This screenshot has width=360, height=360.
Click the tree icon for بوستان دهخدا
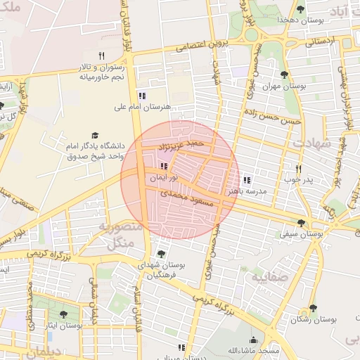click(x=300, y=9)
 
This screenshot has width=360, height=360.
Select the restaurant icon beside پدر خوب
click(x=299, y=169)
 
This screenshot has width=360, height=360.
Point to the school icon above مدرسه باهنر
click(x=247, y=180)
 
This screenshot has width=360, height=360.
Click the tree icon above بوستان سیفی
click(x=301, y=224)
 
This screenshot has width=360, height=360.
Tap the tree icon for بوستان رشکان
click(x=312, y=308)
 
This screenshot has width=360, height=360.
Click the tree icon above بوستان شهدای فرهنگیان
click(x=161, y=254)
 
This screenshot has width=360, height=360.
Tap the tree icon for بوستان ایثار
click(x=63, y=315)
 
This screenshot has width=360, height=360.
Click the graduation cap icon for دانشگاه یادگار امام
click(x=94, y=136)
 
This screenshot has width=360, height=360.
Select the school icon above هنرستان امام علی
click(x=142, y=96)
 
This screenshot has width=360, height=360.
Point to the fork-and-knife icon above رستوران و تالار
click(x=101, y=56)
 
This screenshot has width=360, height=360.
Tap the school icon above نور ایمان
click(x=164, y=167)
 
